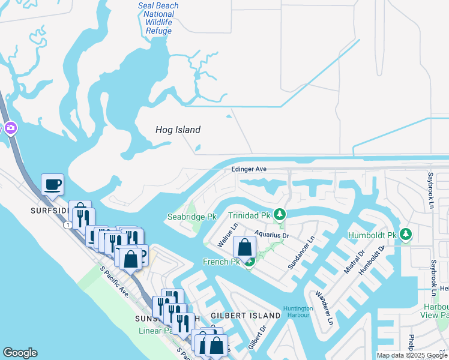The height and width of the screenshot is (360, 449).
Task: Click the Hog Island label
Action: point(178,130)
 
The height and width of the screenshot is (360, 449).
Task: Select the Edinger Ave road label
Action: point(249,170)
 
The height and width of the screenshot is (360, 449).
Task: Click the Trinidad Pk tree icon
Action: point(279,214)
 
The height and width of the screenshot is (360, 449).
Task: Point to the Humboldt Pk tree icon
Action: point(406,233)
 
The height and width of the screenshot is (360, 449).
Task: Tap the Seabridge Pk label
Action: point(191,217)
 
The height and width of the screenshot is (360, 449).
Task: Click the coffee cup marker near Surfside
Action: point(52,184)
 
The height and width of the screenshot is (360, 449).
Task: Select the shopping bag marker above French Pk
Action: point(245,247)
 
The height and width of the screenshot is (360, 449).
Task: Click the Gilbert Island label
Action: point(246,316)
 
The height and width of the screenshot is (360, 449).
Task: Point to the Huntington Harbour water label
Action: point(298,312)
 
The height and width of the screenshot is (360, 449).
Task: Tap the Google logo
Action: point(20,353)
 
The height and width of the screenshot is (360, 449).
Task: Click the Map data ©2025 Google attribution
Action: point(412,355)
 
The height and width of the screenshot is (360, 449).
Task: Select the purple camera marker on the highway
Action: point(10,128)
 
